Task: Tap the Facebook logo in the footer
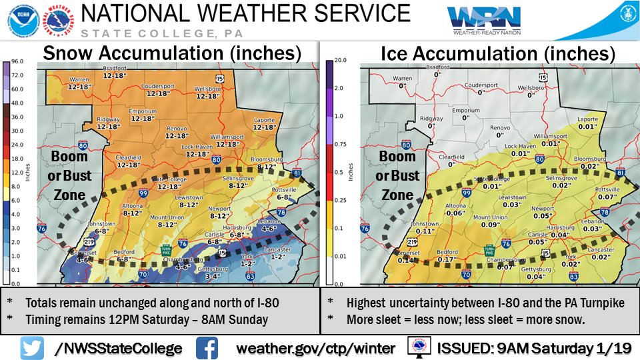(x=208, y=347)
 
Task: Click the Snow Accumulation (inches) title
(x=172, y=53)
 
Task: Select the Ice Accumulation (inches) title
(x=497, y=53)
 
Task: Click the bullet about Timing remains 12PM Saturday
(x=147, y=319)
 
